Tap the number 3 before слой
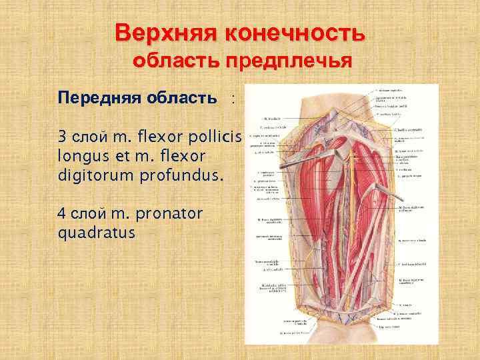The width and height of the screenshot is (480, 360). (62, 138)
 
